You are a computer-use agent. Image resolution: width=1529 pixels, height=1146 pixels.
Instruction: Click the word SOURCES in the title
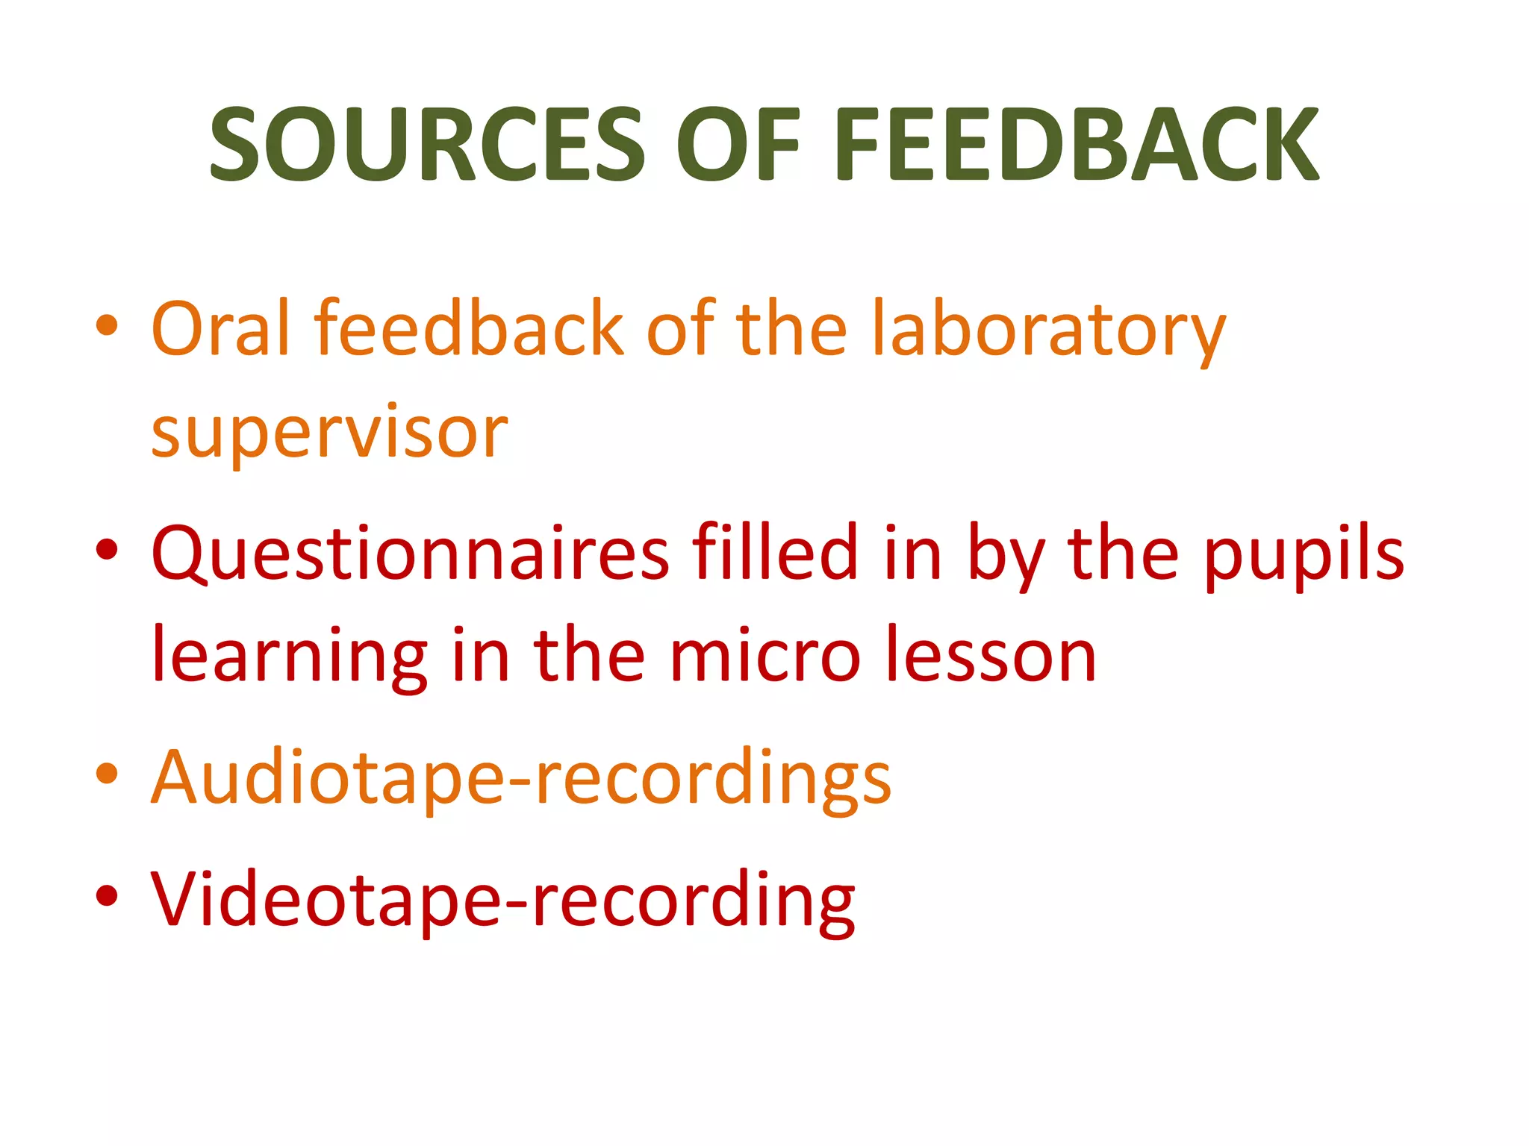[427, 144]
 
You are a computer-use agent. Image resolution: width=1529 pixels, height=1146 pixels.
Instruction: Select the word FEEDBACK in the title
[1076, 144]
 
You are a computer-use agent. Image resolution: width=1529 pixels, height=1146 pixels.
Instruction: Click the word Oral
[220, 328]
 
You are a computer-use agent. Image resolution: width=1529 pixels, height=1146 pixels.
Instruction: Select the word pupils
[1304, 556]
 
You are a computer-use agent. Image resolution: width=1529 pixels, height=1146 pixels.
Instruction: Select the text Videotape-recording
[502, 901]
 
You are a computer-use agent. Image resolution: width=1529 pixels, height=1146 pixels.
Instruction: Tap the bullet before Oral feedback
[108, 326]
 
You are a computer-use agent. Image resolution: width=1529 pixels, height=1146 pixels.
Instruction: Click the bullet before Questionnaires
[108, 550]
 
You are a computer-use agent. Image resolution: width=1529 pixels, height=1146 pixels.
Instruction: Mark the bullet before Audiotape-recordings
[108, 773]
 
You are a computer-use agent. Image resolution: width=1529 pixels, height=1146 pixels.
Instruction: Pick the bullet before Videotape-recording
[108, 895]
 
